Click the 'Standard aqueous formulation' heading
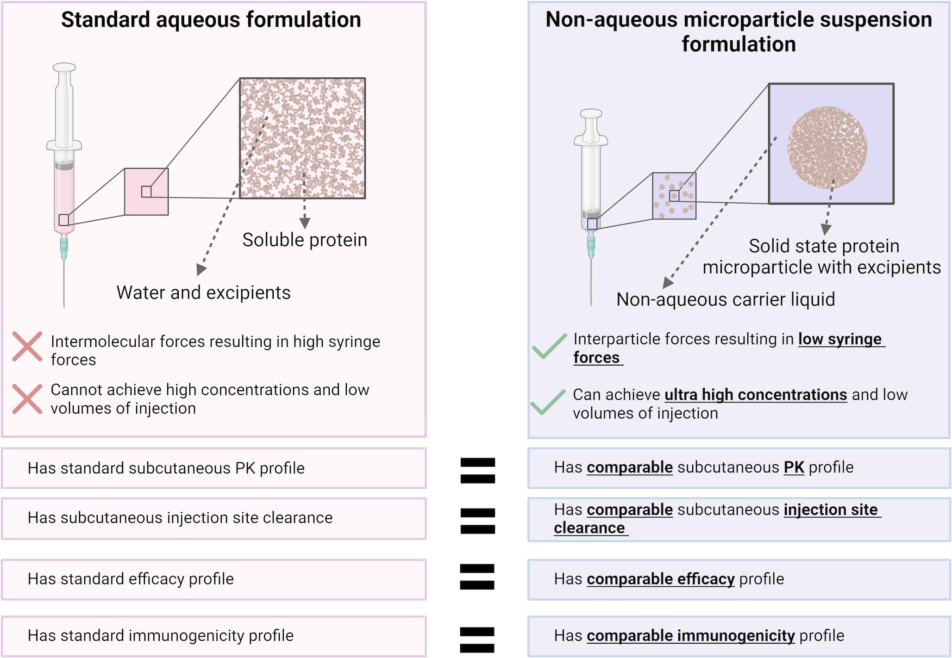[x=211, y=20]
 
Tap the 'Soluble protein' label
[x=305, y=240]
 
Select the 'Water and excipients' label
[x=203, y=292]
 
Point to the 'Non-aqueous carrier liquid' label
[x=726, y=299]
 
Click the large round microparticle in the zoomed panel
[x=827, y=148]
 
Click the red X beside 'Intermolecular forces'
[x=27, y=346]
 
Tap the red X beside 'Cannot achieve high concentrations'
[x=27, y=398]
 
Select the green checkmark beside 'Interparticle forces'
[x=549, y=346]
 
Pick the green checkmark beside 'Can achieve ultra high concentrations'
[x=548, y=401]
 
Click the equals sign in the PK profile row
[x=477, y=470]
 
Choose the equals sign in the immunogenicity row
[x=477, y=639]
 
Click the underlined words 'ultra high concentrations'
[x=756, y=395]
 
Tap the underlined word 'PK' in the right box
[x=794, y=467]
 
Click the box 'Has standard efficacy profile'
[x=213, y=579]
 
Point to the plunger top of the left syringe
[x=64, y=68]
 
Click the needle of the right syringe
[x=591, y=282]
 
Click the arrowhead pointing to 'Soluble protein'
[x=304, y=223]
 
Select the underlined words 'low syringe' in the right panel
[x=840, y=339]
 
